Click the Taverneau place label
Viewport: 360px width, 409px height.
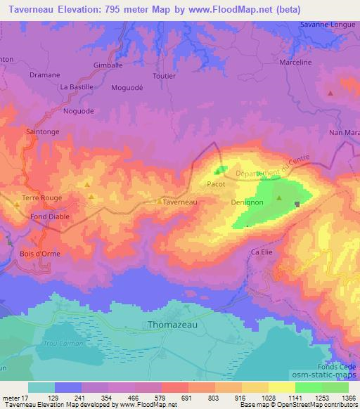180,202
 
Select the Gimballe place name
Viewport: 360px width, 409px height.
108,64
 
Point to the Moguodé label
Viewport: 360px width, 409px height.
127,88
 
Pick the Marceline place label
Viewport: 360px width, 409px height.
295,63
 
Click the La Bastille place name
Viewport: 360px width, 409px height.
77,87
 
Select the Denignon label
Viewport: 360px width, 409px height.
247,202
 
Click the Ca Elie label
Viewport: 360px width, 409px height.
261,252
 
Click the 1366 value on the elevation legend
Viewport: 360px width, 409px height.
348,398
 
